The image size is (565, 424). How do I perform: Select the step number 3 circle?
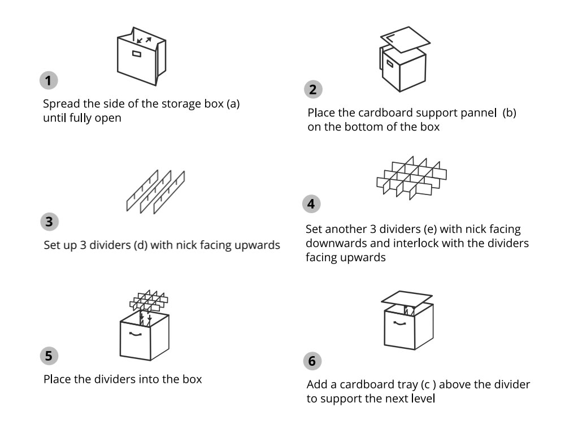[49, 222]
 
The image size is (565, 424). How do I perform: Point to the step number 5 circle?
[49, 356]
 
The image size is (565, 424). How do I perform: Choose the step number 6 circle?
[312, 360]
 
